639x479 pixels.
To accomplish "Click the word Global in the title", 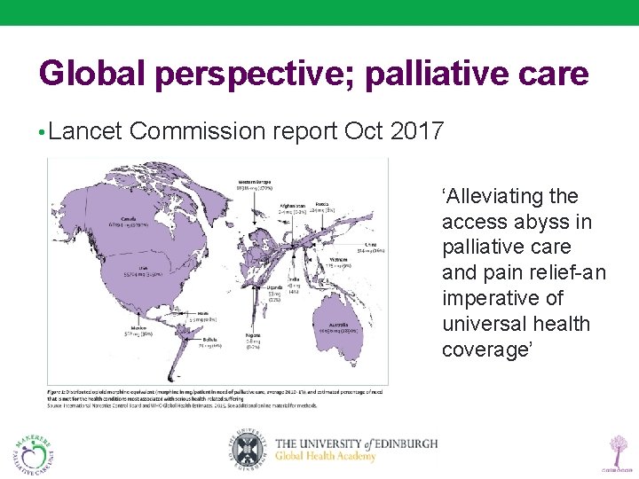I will (92, 73).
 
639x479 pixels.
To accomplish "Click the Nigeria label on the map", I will (255, 335).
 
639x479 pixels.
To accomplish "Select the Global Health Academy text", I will (326, 457).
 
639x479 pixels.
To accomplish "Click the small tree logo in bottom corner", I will (614, 450).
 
